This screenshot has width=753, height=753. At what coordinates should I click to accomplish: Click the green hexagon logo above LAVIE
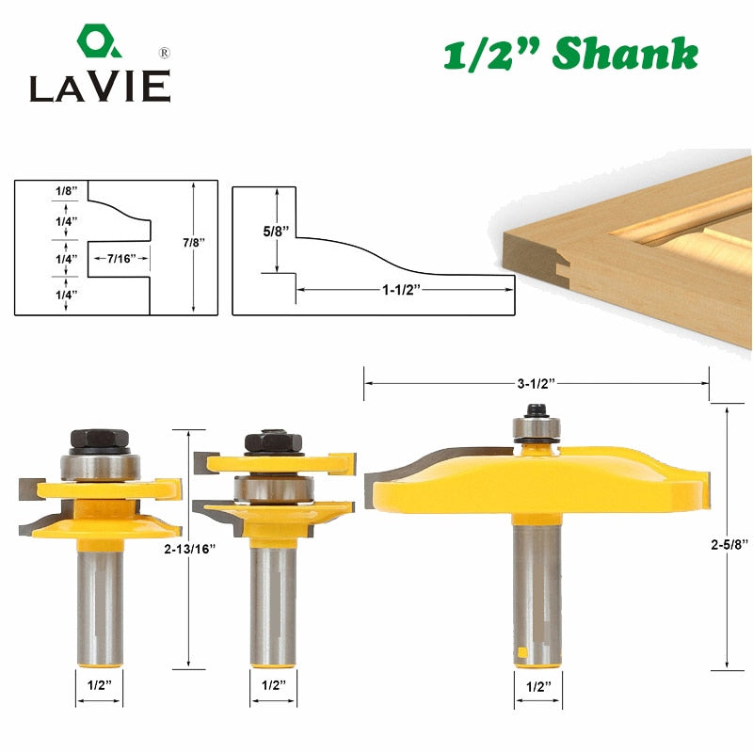pyautogui.click(x=99, y=40)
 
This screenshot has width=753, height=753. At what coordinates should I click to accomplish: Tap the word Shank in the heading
pyautogui.click(x=625, y=54)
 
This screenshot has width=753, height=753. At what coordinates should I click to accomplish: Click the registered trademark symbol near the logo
pyautogui.click(x=164, y=53)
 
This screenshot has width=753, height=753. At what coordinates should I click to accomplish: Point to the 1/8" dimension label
pyautogui.click(x=66, y=191)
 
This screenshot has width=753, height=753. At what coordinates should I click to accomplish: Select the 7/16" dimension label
pyautogui.click(x=121, y=259)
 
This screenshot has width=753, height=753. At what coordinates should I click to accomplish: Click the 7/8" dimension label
pyautogui.click(x=194, y=243)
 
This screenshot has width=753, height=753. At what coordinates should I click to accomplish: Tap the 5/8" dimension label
pyautogui.click(x=276, y=232)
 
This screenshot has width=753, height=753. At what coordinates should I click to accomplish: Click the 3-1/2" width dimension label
pyautogui.click(x=536, y=384)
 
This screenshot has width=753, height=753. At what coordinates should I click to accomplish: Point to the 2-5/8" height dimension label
pyautogui.click(x=729, y=544)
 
